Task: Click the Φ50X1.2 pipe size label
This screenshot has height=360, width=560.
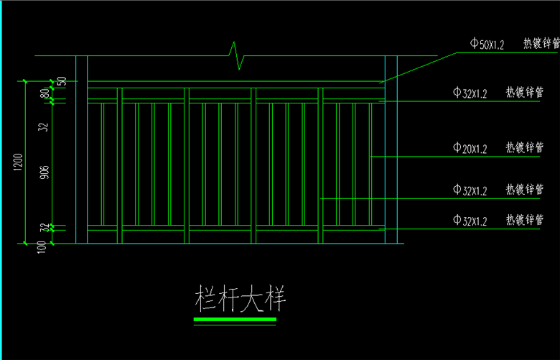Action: click(487, 45)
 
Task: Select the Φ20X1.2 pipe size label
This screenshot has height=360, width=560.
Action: click(470, 149)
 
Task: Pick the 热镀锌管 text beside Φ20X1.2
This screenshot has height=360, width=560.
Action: click(524, 148)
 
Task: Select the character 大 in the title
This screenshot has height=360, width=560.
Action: click(253, 298)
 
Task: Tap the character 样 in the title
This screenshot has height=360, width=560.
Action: click(276, 298)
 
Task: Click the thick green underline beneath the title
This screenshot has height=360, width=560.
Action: click(235, 319)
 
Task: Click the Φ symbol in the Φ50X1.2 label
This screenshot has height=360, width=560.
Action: click(474, 45)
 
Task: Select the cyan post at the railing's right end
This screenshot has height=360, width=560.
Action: click(391, 151)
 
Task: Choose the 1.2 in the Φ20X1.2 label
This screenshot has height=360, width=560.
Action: click(481, 149)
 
